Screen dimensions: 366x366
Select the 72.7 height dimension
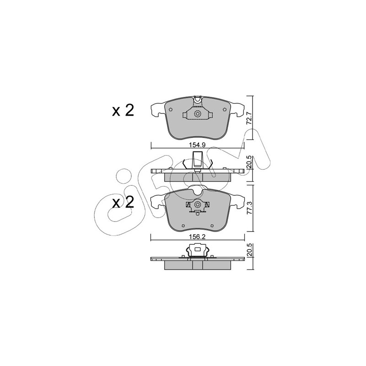click(249, 118)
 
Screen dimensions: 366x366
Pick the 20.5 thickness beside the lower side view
click(249, 250)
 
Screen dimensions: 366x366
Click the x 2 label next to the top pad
click(123, 110)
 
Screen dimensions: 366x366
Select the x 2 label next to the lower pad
click(123, 202)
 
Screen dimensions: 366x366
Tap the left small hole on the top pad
click(171, 109)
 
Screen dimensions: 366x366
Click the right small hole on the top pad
click(225, 109)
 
